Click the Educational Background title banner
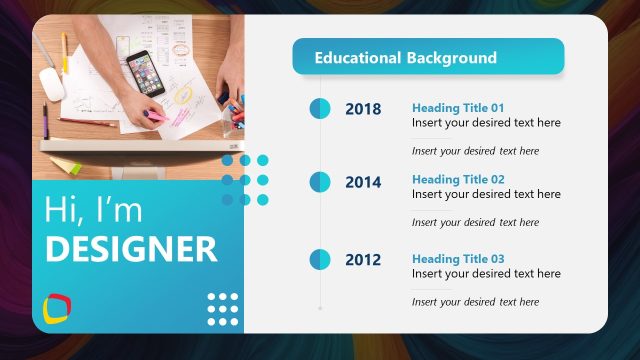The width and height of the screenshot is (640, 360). (428, 57)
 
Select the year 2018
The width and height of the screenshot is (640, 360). (363, 109)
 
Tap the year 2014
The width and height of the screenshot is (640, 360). (363, 182)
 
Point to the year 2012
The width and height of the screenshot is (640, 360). (363, 260)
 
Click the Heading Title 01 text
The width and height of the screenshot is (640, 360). (458, 107)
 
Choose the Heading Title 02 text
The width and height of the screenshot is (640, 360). (458, 179)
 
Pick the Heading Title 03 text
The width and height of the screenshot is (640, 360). (458, 259)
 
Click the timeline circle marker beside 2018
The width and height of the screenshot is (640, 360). (320, 109)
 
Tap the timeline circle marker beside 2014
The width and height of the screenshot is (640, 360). (320, 182)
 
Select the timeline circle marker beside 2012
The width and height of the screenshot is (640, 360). (320, 260)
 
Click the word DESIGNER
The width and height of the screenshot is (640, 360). (130, 249)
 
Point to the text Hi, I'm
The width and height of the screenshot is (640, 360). (93, 210)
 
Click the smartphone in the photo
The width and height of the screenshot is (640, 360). (144, 73)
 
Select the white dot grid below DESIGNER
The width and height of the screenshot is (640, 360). (222, 309)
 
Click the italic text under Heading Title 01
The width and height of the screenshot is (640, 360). (475, 151)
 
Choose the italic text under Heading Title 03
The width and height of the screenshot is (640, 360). (475, 302)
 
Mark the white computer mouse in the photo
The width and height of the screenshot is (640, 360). (52, 84)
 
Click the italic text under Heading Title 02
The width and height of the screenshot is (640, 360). (475, 222)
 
